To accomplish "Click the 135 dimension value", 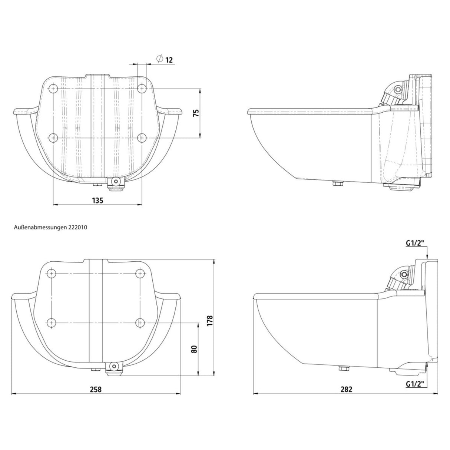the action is click(97, 201).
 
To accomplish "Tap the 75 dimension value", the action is click(196, 113).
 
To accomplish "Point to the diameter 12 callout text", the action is click(165, 59).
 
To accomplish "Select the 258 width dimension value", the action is click(96, 389).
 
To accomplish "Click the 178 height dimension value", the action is click(210, 321).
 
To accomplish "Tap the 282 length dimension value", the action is click(346, 389).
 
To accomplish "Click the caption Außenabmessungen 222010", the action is click(51, 227).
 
